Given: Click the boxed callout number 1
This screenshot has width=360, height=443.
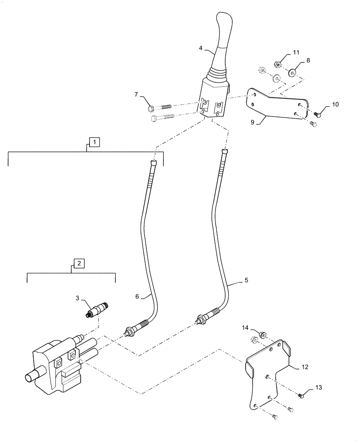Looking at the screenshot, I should tap(94, 142).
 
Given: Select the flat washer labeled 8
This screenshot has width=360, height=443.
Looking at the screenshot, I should tap(293, 73).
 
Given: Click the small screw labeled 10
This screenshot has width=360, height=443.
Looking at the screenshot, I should tap(317, 114).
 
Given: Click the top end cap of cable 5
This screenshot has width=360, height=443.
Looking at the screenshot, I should tap(224, 152).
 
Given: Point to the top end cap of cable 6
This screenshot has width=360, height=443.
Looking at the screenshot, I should tap(154, 163).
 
